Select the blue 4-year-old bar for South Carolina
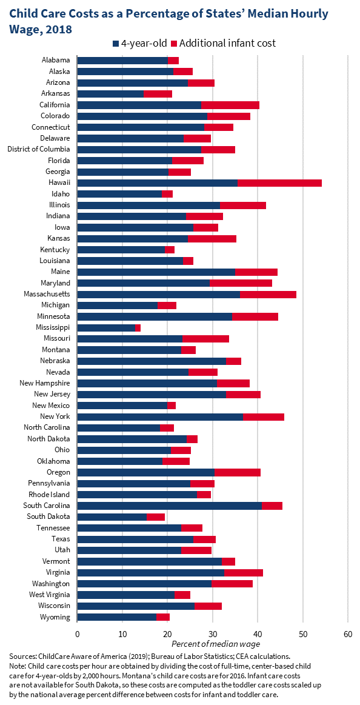click(x=170, y=506)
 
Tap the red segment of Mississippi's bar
click(x=138, y=328)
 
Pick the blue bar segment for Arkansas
click(x=110, y=93)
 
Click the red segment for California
click(x=230, y=105)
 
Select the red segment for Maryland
click(x=241, y=283)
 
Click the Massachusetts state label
click(x=47, y=294)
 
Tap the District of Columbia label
click(x=39, y=149)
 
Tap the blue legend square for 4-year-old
click(x=116, y=44)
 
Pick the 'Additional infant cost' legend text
click(x=228, y=43)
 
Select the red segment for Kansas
click(x=212, y=239)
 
